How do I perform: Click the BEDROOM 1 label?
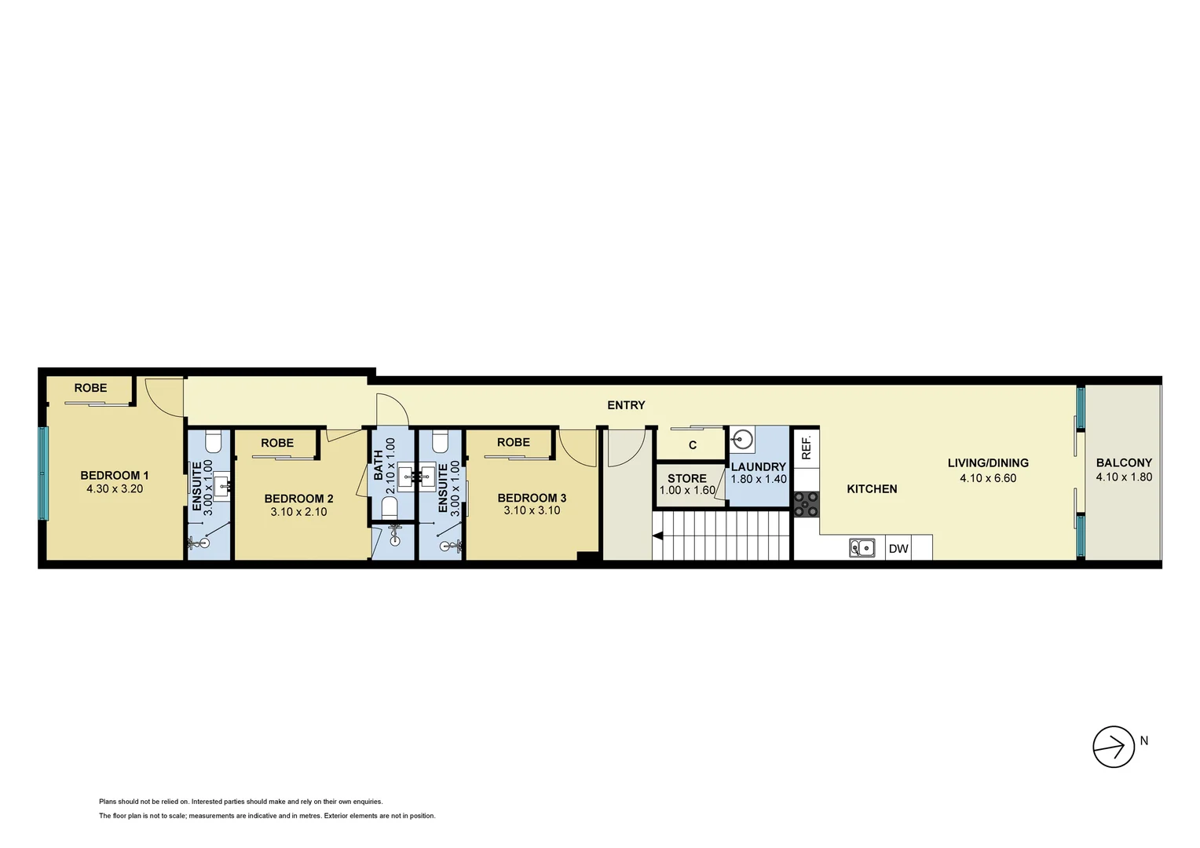coord(115,475)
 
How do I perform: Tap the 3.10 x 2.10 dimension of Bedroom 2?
coord(298,512)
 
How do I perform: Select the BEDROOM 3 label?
coord(532,498)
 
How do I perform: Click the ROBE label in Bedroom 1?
coord(90,388)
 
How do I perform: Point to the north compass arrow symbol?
coord(1114,746)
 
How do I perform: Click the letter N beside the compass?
coord(1144,740)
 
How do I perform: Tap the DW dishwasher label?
coord(898,549)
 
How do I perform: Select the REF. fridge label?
coord(806,448)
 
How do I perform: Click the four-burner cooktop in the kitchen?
coord(806,504)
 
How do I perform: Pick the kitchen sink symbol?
coord(862,547)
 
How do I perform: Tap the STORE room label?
coord(687,478)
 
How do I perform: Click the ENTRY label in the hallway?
coord(626,405)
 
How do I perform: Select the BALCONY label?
coord(1124,463)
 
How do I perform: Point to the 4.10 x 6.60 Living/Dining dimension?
coord(988,477)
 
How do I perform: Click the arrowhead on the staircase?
coord(657,536)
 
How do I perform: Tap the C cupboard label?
coord(693,445)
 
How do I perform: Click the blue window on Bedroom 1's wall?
coord(44,473)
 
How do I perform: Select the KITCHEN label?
coord(872,488)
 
